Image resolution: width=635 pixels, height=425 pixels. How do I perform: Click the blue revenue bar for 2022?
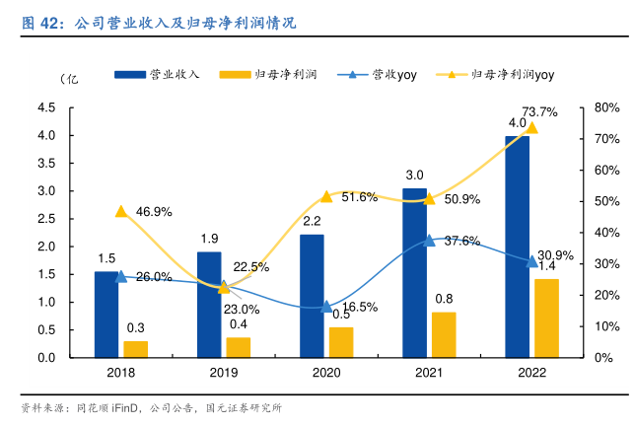tap(517, 247)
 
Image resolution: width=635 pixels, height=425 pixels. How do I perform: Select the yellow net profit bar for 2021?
tap(443, 334)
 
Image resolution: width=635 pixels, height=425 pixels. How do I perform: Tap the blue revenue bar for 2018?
tap(106, 314)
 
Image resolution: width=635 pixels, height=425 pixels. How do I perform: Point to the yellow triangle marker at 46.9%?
tap(121, 211)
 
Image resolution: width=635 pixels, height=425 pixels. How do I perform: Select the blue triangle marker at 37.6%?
tap(429, 241)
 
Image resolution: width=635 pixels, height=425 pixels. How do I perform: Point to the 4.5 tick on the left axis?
tap(46, 107)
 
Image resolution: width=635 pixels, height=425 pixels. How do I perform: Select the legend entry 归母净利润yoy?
tap(513, 74)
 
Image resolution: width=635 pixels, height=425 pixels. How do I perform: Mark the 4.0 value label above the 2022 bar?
tap(517, 122)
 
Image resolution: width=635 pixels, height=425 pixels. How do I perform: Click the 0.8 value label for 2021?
tap(444, 299)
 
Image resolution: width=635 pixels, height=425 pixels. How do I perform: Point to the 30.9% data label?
tap(557, 254)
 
